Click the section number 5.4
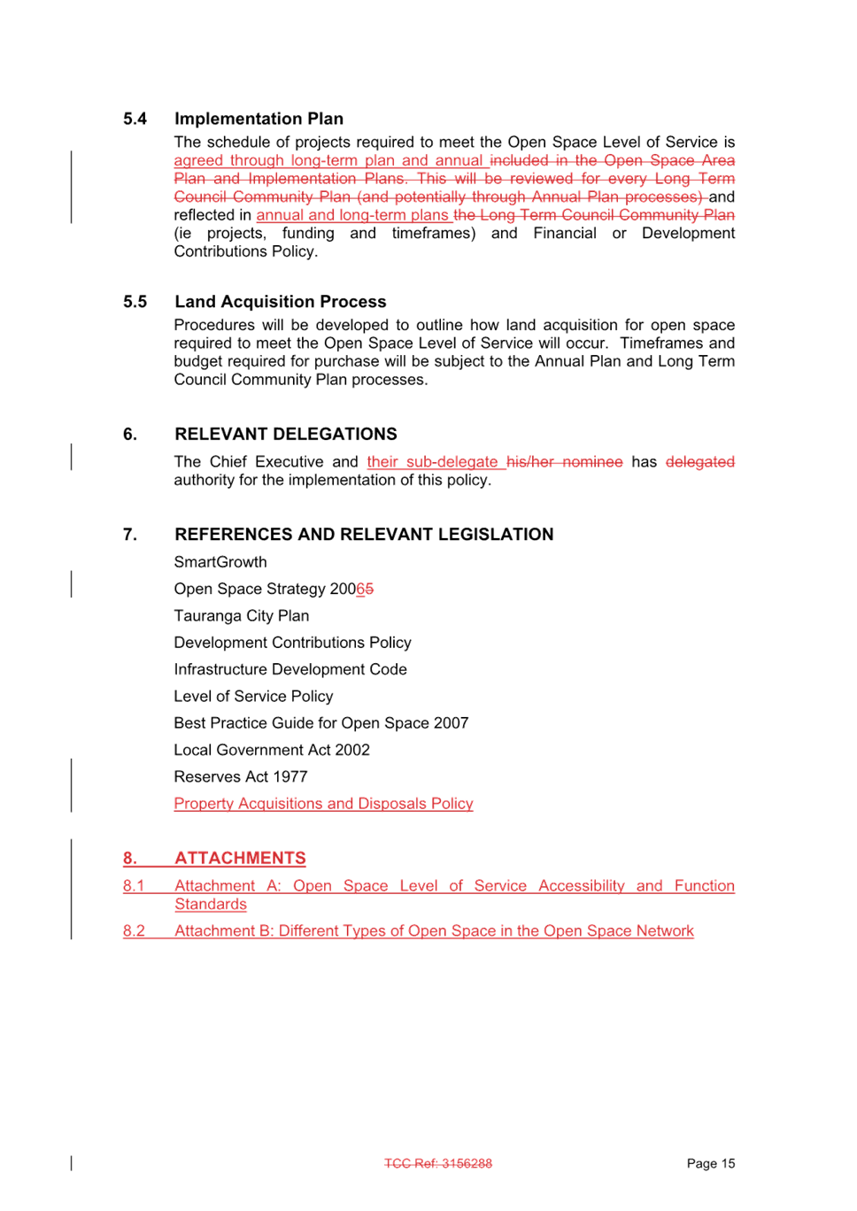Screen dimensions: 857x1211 click(x=135, y=119)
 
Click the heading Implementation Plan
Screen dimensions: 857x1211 click(x=259, y=119)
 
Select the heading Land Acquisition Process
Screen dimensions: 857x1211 click(x=280, y=302)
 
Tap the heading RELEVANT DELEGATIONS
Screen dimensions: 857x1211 click(x=285, y=434)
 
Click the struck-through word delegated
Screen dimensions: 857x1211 click(x=700, y=462)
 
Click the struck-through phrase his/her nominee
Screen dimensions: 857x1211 click(x=565, y=462)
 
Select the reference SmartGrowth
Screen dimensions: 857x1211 click(x=220, y=562)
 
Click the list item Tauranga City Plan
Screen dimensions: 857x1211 click(x=241, y=616)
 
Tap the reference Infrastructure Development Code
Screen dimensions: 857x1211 click(x=290, y=669)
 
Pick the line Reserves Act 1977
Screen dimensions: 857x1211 click(x=241, y=777)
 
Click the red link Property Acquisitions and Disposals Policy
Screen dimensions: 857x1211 click(x=323, y=804)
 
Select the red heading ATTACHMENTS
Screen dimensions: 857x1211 click(x=240, y=859)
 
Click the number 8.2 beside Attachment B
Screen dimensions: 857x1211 click(x=134, y=931)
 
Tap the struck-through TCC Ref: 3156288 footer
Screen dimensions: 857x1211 click(x=438, y=1163)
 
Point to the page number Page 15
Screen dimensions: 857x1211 click(x=710, y=1163)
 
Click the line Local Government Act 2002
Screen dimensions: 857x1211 click(x=272, y=750)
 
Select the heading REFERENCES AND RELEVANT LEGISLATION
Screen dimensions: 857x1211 click(x=364, y=534)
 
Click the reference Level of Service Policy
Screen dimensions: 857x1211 click(x=253, y=697)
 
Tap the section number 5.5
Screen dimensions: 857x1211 click(x=135, y=302)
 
